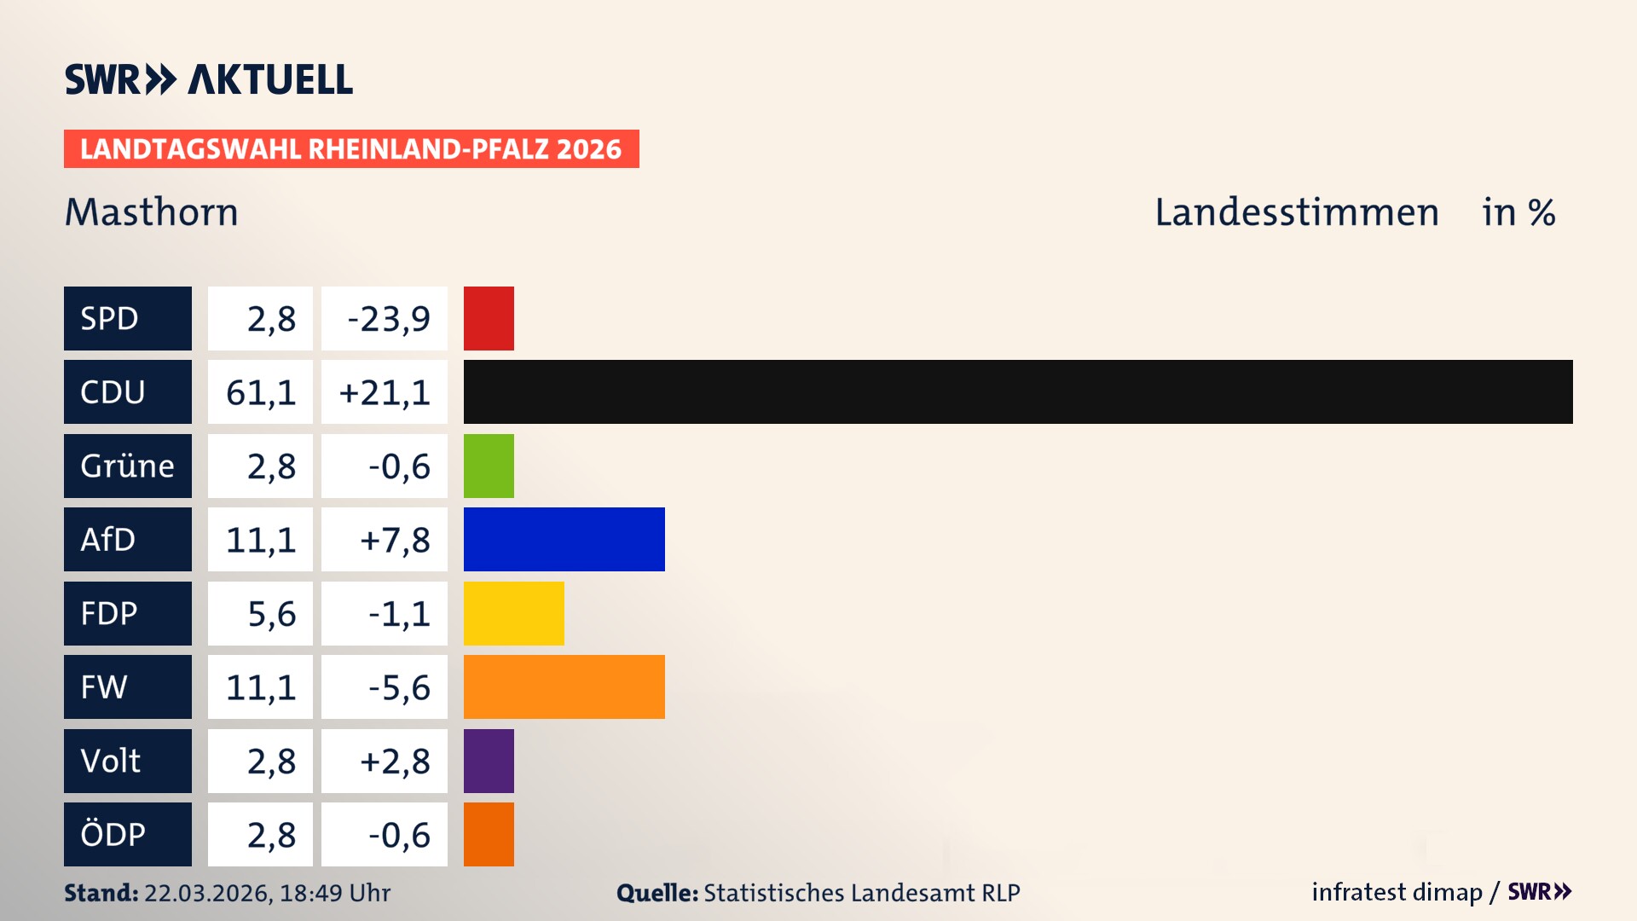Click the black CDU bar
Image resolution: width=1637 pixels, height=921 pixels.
(1018, 391)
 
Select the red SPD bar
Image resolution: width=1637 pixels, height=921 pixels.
(489, 318)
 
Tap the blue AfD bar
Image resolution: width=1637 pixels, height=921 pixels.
(564, 539)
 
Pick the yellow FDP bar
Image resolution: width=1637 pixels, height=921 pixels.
(513, 613)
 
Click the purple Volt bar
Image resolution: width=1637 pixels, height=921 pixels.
(489, 761)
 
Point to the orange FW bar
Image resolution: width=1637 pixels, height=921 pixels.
(564, 686)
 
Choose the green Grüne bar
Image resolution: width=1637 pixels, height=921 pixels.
(489, 466)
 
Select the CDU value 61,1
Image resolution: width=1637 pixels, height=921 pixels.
(260, 392)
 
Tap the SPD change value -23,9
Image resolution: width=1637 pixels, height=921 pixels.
(388, 319)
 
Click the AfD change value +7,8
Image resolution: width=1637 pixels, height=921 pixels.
(394, 540)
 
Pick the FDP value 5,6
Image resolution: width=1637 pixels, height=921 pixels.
(271, 614)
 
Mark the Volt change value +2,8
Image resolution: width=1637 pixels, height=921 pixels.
(394, 761)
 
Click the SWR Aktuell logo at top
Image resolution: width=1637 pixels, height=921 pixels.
(209, 79)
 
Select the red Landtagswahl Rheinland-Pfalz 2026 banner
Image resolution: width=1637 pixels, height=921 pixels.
(350, 148)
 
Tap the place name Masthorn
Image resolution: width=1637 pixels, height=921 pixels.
(152, 211)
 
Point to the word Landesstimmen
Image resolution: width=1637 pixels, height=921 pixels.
(1296, 211)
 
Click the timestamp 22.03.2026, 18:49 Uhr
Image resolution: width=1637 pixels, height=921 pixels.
(267, 893)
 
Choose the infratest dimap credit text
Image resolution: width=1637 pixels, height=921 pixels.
(1396, 892)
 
